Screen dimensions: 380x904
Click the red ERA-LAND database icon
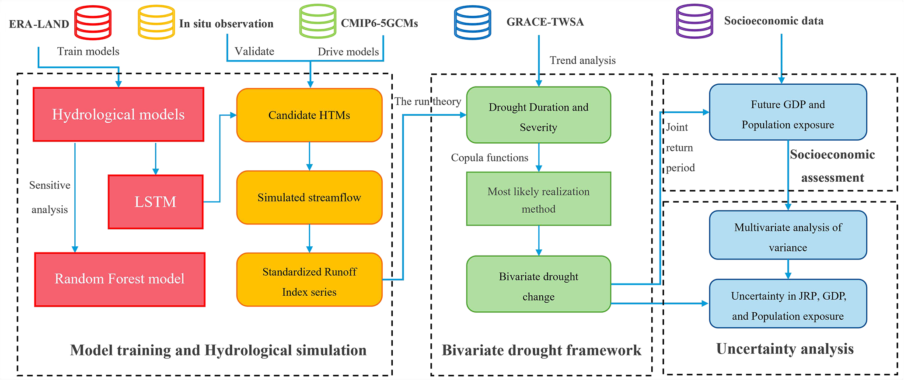[x=93, y=22]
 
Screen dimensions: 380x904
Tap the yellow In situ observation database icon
[x=156, y=22]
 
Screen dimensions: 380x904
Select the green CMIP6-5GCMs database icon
[x=318, y=21]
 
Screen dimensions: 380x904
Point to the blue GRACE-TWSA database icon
[x=472, y=22]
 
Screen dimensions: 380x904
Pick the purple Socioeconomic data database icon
[x=695, y=21]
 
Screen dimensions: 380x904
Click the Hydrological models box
[x=119, y=114]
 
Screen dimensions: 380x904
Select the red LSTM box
[x=156, y=202]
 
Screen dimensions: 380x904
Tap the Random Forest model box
[x=120, y=280]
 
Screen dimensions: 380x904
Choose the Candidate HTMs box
[x=309, y=115]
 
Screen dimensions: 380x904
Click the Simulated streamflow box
[x=309, y=197]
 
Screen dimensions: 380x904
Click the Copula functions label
[x=489, y=158]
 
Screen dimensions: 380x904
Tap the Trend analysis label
[x=582, y=60]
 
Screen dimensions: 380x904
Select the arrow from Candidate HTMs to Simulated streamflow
[x=309, y=156]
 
